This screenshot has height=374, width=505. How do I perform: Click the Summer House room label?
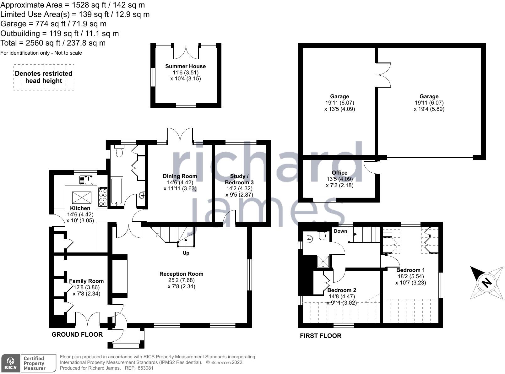point(185,66)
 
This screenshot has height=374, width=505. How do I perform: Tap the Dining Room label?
point(180,176)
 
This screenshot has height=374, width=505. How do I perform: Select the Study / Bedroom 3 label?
point(239,179)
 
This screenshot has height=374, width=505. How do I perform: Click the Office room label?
point(339,173)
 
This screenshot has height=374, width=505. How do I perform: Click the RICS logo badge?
point(11,363)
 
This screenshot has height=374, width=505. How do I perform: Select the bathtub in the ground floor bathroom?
point(117,191)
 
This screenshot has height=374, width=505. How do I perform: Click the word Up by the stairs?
point(186,253)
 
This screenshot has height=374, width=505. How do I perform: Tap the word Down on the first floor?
point(340,231)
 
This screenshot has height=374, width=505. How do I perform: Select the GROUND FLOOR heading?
point(77,334)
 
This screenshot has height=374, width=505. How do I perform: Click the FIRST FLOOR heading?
point(320,336)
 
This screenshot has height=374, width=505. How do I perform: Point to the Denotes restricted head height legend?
point(44,77)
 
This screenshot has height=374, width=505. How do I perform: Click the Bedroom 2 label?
point(342,290)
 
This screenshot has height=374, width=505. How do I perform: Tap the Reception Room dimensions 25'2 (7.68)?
point(181,280)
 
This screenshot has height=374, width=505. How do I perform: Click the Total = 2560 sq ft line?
point(53,43)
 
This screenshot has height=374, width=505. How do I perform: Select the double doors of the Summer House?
point(186,52)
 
